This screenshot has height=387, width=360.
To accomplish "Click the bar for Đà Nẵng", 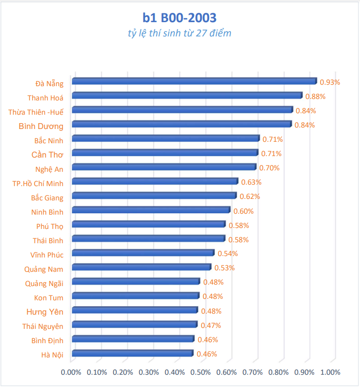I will tap(194, 81).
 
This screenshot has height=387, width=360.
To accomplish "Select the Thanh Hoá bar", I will tap(187, 96).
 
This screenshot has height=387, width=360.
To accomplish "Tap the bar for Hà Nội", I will tap(132, 354).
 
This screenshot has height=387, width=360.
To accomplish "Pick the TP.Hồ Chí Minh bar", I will tap(155, 182).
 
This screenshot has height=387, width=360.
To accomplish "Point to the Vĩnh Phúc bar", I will tap(143, 253).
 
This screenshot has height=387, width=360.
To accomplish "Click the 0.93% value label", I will tap(330, 82).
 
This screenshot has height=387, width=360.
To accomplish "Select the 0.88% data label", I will tap(316, 97).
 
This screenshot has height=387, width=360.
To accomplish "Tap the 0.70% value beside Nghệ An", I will tap(269, 168).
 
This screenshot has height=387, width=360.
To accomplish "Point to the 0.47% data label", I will tap(211, 325).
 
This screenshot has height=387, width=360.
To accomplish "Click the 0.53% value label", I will tap(225, 268).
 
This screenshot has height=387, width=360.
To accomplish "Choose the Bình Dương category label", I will tap(41, 127).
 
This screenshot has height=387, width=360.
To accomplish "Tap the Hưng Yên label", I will tap(45, 311).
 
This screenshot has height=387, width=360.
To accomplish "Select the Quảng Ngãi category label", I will tap(44, 283).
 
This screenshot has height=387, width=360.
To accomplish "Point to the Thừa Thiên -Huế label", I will tap(36, 111).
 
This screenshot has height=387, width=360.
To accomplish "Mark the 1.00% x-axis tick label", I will tap(330, 372).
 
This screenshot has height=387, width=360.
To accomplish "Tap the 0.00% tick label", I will tap(71, 372).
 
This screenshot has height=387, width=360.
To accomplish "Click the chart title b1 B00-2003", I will tap(179, 18).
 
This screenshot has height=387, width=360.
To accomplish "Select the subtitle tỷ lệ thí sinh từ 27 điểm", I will tap(179, 33).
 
